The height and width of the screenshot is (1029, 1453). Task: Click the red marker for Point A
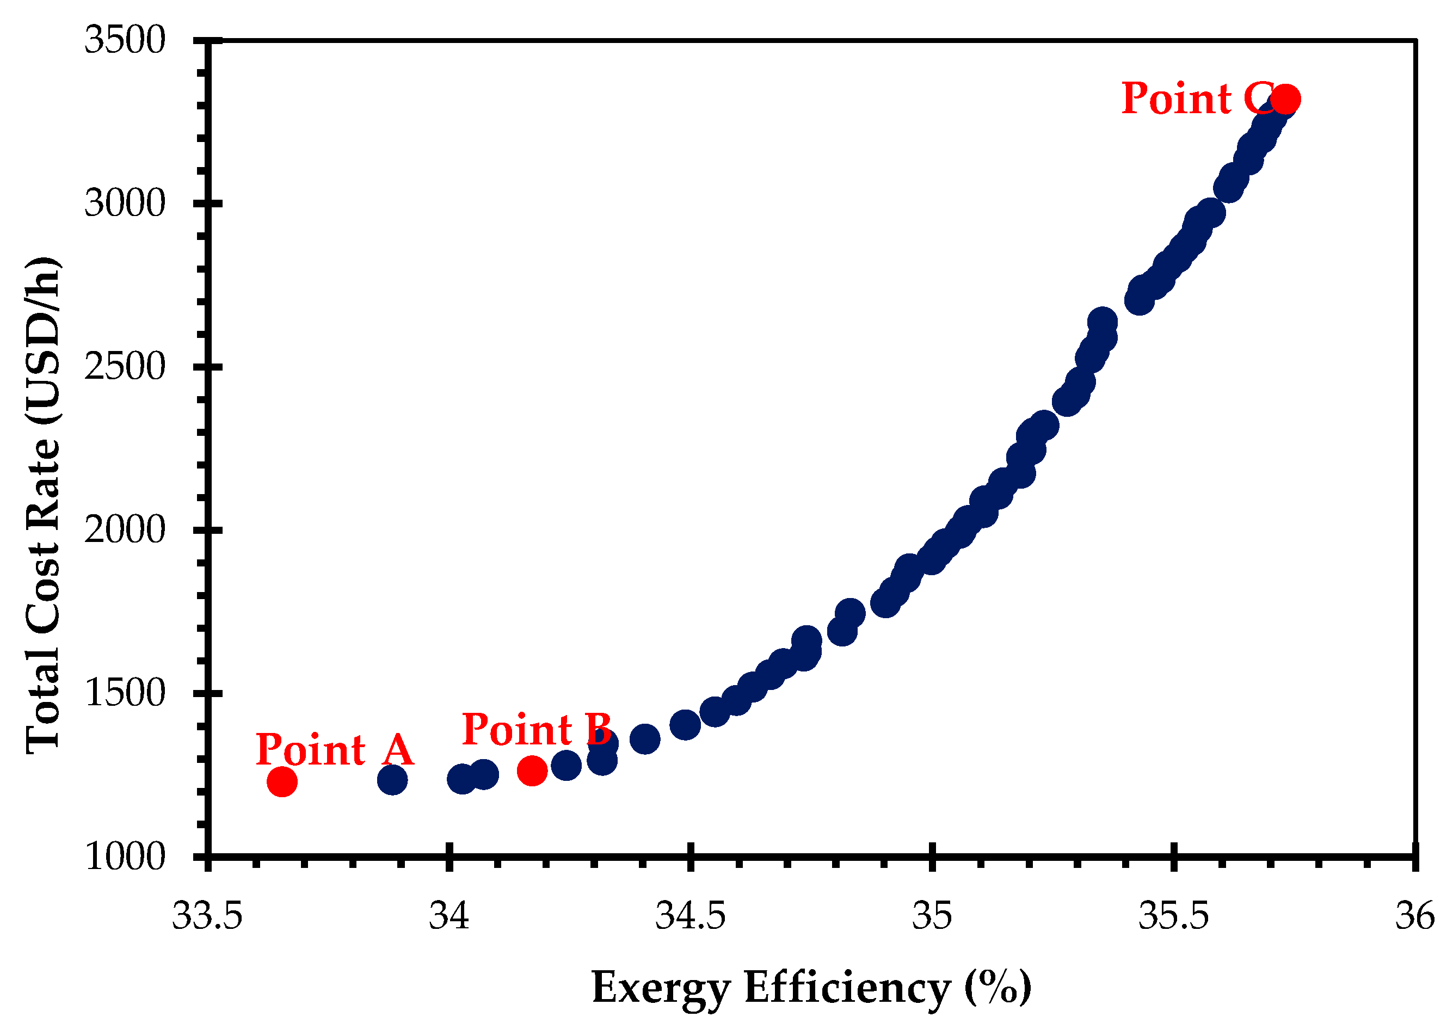coord(282,782)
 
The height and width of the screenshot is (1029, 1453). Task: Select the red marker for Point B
coord(532,771)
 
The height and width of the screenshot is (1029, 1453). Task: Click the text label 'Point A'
coord(335,750)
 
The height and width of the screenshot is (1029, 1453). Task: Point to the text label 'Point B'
coord(537,729)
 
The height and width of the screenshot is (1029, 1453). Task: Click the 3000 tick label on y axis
coord(125,204)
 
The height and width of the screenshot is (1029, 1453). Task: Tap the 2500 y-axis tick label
coord(125,367)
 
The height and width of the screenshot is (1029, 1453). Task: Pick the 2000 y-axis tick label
coord(125,529)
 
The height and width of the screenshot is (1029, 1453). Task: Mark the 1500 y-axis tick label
coord(125,693)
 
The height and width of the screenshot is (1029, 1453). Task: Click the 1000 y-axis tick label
coord(125,857)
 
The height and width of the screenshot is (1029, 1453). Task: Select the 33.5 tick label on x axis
coord(208,917)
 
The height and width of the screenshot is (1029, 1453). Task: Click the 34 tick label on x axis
coord(450,917)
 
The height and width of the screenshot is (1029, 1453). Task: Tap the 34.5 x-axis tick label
coord(691,917)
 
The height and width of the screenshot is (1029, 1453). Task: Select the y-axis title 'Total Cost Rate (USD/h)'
coord(43,506)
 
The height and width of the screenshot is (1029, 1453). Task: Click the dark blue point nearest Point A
coord(392,779)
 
